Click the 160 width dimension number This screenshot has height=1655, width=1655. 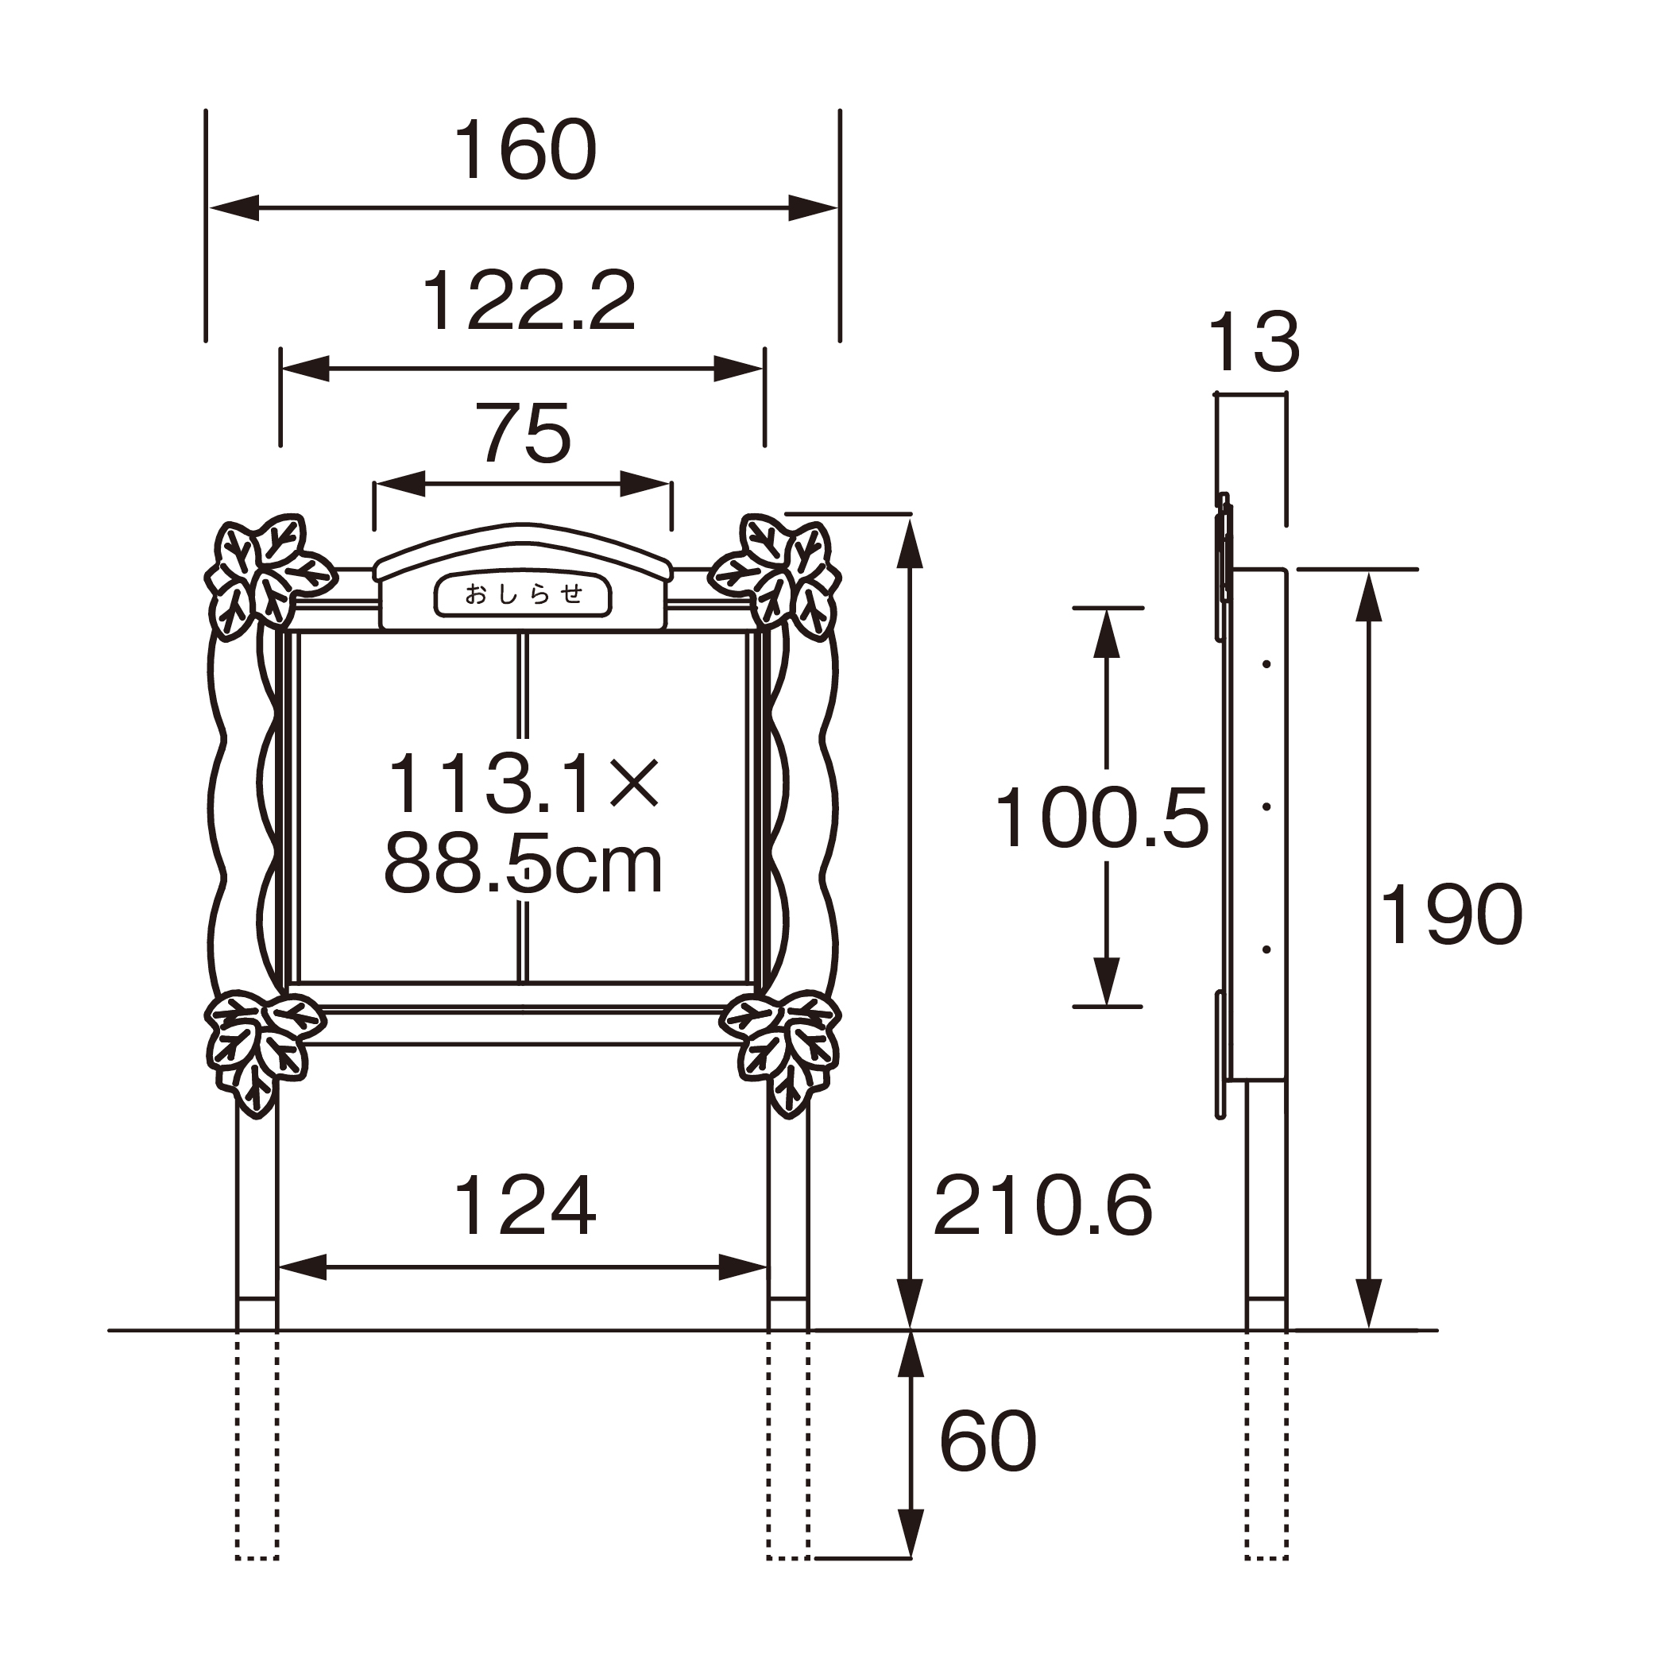pyautogui.click(x=525, y=149)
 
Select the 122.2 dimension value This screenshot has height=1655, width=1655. pyautogui.click(x=528, y=300)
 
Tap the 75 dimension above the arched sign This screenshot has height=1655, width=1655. pyautogui.click(x=525, y=434)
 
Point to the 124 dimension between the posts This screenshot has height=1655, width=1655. pyautogui.click(x=524, y=1206)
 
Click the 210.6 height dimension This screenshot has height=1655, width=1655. pyautogui.click(x=1042, y=1206)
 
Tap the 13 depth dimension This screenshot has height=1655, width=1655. pyautogui.click(x=1253, y=342)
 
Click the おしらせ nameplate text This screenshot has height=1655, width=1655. pyautogui.click(x=524, y=594)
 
